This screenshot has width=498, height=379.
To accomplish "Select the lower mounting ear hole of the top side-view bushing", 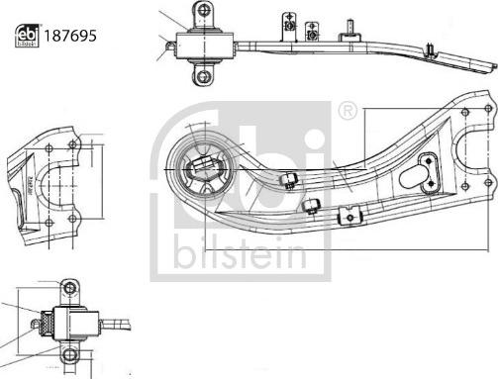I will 204,75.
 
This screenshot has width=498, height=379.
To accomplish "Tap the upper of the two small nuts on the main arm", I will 291,179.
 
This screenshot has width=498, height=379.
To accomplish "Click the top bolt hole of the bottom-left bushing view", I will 68,288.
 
